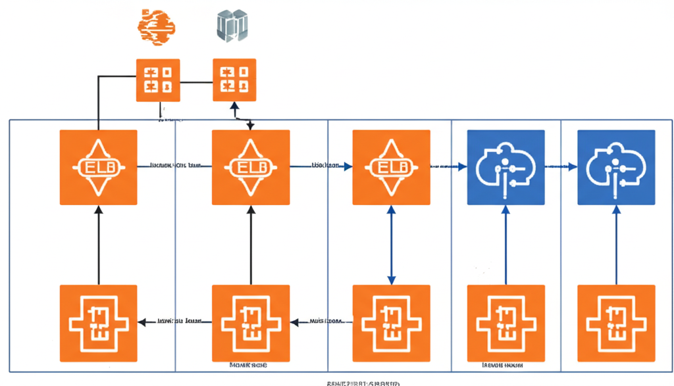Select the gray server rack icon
pyautogui.click(x=232, y=26)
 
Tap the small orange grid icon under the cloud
pyautogui.click(x=158, y=80)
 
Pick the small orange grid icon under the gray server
pyautogui.click(x=234, y=80)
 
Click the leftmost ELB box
pyautogui.click(x=99, y=168)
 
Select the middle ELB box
pyautogui.click(x=251, y=168)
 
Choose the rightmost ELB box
pyautogui.click(x=392, y=168)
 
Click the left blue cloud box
pyautogui.click(x=505, y=168)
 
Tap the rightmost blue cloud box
pyautogui.click(x=616, y=168)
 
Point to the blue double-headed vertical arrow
pyautogui.click(x=392, y=245)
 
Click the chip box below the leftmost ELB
pyautogui.click(x=99, y=323)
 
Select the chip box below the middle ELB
pyautogui.click(x=251, y=323)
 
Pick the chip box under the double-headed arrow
pyautogui.click(x=392, y=323)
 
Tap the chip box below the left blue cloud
pyautogui.click(x=505, y=323)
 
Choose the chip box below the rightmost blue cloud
pyautogui.click(x=616, y=323)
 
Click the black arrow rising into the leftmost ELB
pyautogui.click(x=99, y=245)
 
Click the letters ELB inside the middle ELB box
pyautogui.click(x=251, y=168)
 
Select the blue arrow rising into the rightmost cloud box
pyautogui.click(x=616, y=245)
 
